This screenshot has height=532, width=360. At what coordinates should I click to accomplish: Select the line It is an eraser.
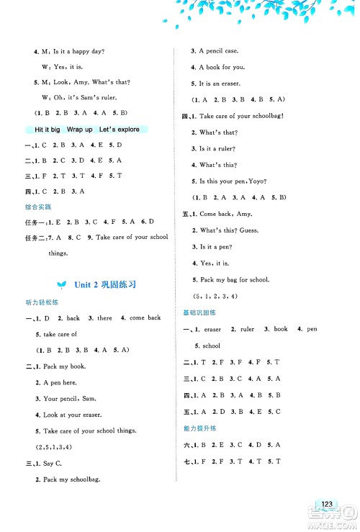(x=218, y=83)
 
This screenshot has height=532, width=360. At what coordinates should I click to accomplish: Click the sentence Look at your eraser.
(x=74, y=415)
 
